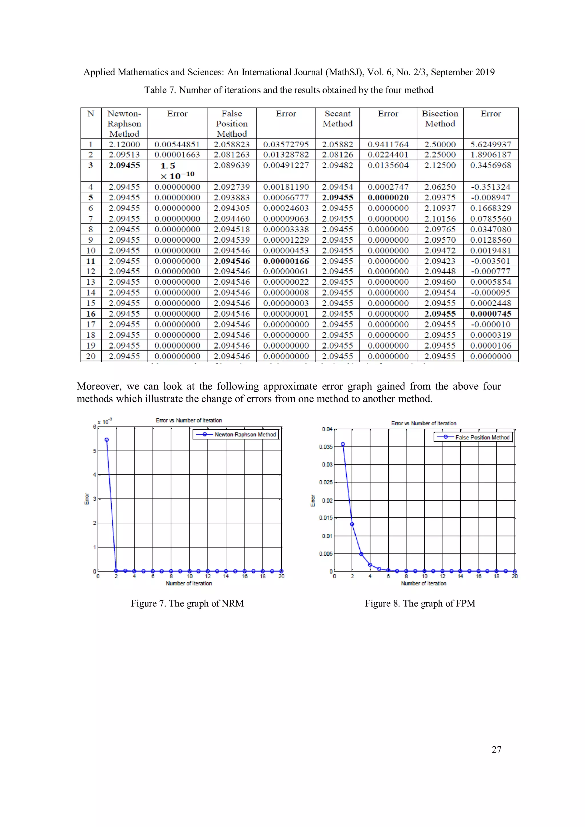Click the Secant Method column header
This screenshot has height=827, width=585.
[337, 118]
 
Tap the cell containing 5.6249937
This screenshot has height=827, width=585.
[490, 144]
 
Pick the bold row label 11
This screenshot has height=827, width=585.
[91, 261]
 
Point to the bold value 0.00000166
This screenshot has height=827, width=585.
[286, 261]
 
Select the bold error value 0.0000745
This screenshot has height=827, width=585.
[490, 314]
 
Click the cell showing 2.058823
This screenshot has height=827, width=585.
[231, 144]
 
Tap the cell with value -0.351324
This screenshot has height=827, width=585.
[490, 187]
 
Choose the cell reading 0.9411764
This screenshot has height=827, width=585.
[388, 144]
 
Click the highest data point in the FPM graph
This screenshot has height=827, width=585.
[343, 444]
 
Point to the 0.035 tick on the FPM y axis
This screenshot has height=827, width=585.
[326, 447]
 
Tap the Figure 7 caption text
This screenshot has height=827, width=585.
[187, 603]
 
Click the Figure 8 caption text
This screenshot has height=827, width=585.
[420, 603]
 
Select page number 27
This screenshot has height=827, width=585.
[496, 750]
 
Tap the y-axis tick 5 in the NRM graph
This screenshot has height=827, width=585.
[95, 451]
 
